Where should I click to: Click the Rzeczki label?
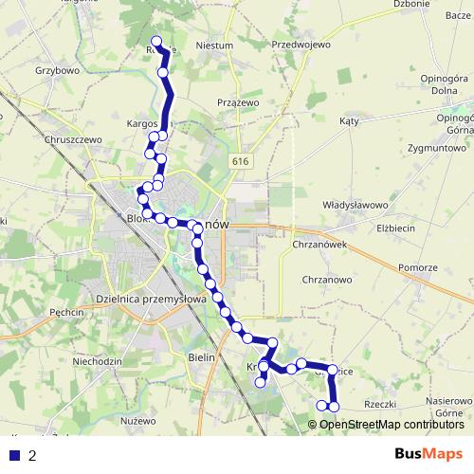[379, 404]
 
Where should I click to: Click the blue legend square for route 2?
[14, 455]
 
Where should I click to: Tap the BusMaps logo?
[428, 454]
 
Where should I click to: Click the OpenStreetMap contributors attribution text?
[392, 424]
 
